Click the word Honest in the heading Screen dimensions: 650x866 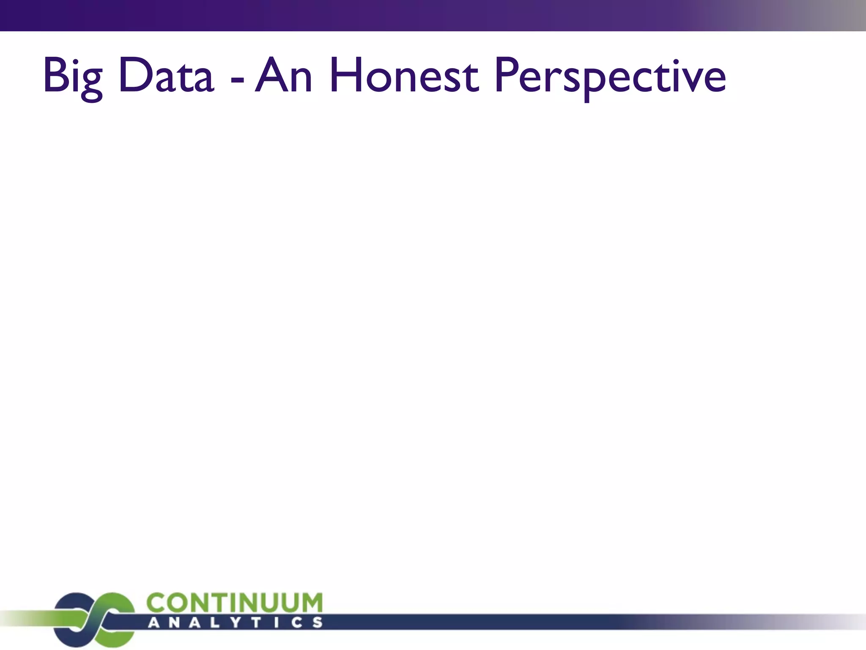coord(404,76)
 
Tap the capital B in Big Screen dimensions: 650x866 coord(55,75)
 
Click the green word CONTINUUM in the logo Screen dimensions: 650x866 coord(235,602)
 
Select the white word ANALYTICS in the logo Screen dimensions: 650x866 coord(235,622)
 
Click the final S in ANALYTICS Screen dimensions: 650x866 coord(317,622)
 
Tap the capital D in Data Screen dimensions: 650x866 coord(134,75)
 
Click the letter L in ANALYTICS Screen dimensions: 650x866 coord(211,622)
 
